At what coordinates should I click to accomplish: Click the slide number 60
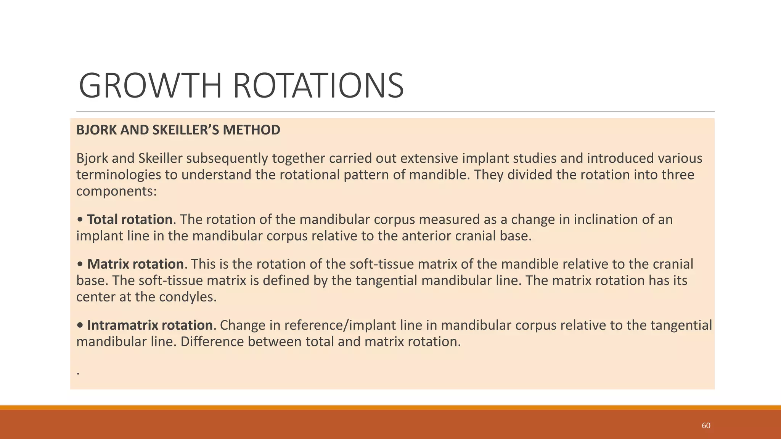click(x=706, y=426)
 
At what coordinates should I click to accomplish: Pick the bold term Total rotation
click(x=130, y=219)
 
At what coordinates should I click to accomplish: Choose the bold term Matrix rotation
click(x=135, y=264)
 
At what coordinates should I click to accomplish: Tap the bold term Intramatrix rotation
click(x=149, y=325)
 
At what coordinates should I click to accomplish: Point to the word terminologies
click(x=119, y=175)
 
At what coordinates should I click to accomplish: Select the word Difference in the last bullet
click(x=212, y=342)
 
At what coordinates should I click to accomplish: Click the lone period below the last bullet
click(x=78, y=373)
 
